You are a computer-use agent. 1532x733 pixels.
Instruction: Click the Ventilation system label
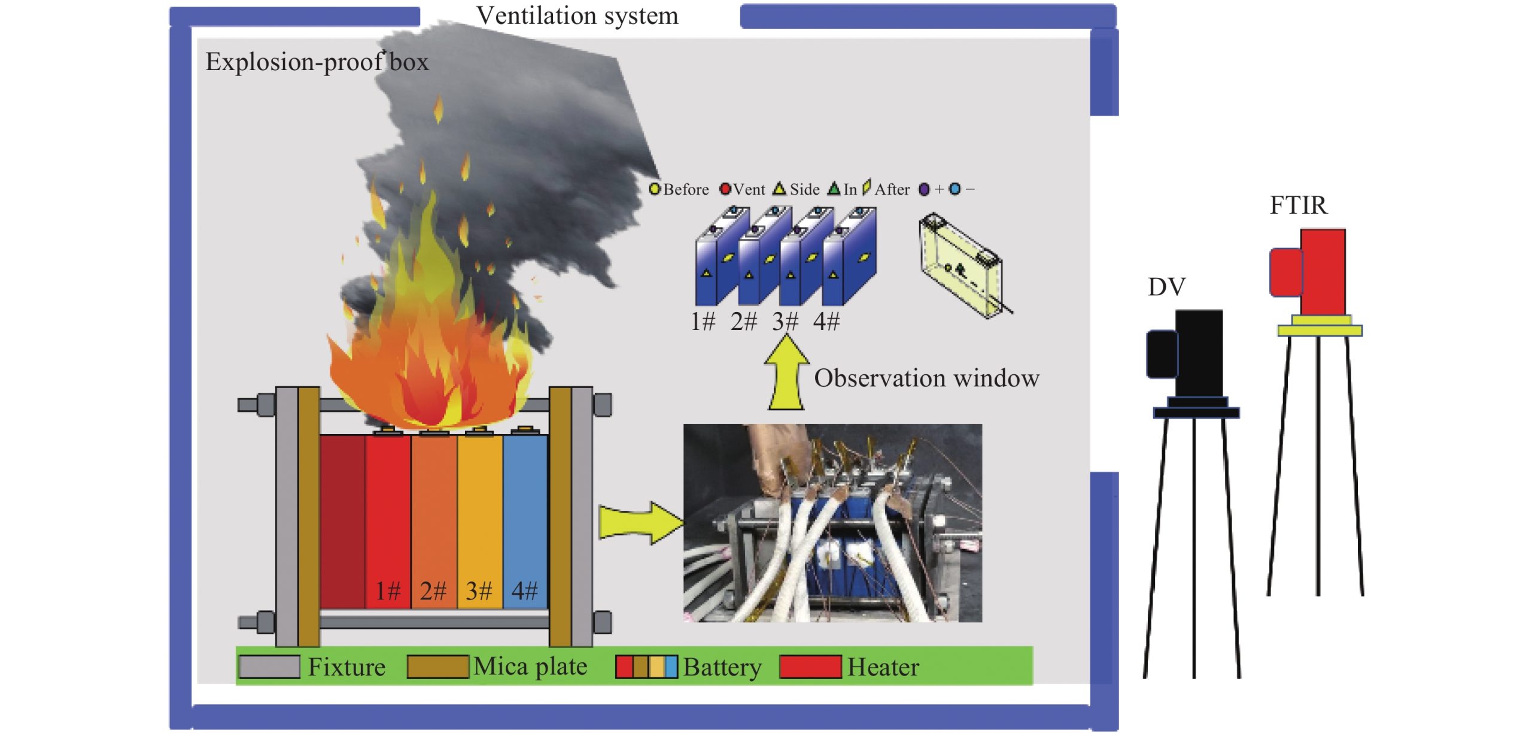click(577, 16)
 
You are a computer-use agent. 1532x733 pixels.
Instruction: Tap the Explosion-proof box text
click(317, 62)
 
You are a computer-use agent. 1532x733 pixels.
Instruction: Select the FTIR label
click(1298, 206)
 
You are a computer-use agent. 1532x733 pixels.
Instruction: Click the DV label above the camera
click(1166, 287)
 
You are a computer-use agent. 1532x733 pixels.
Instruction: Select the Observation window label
click(926, 378)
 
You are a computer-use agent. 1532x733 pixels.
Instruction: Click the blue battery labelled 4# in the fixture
click(525, 515)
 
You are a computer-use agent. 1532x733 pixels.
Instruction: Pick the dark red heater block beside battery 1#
click(342, 521)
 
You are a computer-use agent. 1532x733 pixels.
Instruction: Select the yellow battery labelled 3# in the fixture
click(480, 515)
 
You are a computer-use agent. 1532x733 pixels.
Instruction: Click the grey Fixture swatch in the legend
click(269, 667)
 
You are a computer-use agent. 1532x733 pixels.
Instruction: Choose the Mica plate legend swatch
click(437, 667)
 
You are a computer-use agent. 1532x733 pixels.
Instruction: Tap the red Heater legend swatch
click(810, 667)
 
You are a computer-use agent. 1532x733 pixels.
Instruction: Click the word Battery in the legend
click(722, 667)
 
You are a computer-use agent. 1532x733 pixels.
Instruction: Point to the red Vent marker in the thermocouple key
click(725, 189)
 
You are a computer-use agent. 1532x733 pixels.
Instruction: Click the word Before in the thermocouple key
click(686, 190)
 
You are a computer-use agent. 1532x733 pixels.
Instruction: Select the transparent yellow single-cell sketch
click(961, 263)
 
